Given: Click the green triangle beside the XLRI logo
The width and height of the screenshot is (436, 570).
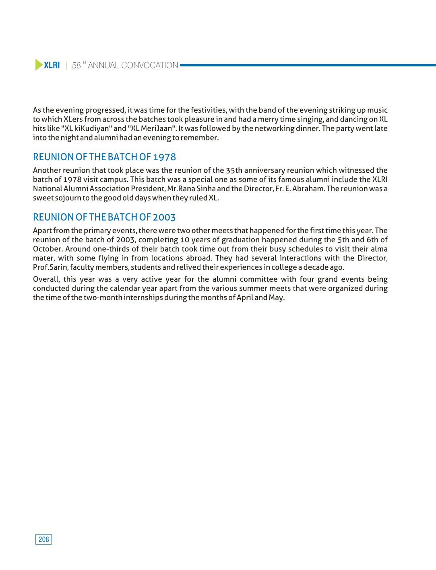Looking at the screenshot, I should (39, 65).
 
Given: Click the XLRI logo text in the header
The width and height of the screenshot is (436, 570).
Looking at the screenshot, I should (52, 65).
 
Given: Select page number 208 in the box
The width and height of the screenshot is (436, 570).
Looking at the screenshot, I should (43, 539).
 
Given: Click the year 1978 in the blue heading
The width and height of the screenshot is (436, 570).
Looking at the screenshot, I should (164, 157).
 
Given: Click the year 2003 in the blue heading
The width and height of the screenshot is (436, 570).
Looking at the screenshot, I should (164, 217).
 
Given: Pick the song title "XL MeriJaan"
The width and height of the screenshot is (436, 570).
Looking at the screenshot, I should (152, 128).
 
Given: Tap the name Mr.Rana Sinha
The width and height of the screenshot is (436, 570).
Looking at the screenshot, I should (191, 189).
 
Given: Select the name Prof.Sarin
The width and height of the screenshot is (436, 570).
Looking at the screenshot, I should (50, 267).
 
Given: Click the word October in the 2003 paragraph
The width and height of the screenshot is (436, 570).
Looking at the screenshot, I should (48, 249).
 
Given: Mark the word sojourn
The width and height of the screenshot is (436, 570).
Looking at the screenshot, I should (68, 198).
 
